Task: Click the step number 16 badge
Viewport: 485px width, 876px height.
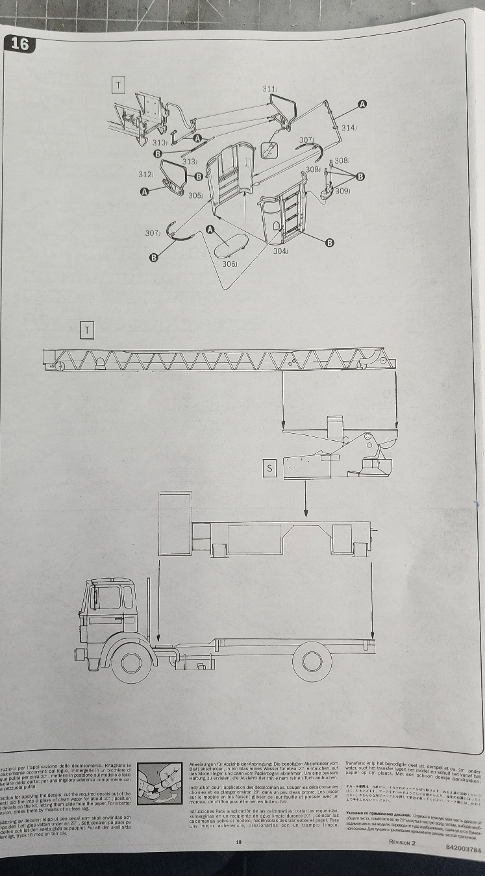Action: [19, 44]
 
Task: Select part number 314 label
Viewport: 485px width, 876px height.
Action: [349, 128]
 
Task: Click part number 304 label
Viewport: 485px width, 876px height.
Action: [280, 251]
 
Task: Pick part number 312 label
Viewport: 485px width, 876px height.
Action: [145, 175]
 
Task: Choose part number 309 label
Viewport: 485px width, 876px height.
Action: [342, 191]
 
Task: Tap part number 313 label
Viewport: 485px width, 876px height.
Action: [190, 162]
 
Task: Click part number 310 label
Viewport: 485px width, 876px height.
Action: [160, 142]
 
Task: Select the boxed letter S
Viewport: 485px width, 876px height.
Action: [269, 467]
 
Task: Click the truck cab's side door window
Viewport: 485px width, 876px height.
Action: [109, 597]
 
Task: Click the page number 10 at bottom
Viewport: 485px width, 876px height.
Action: [239, 842]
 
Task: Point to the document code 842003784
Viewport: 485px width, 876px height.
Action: [462, 848]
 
